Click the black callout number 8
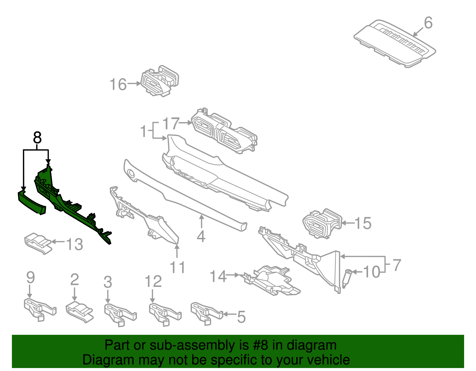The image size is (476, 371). tap(37, 138)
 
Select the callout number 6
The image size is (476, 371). tap(428, 23)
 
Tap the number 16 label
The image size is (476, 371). tap(118, 84)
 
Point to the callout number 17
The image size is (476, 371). tap(171, 124)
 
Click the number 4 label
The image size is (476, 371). tap(201, 236)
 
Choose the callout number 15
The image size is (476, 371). tap(363, 223)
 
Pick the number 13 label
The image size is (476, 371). tap(74, 244)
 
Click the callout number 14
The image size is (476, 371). tap(218, 276)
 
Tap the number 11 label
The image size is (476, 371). tap(177, 267)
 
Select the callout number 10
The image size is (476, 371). tap(372, 272)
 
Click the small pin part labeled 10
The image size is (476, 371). tap(347, 279)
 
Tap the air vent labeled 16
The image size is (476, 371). tap(160, 81)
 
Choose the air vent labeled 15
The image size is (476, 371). tap(322, 223)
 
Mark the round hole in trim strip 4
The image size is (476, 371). tap(131, 173)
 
